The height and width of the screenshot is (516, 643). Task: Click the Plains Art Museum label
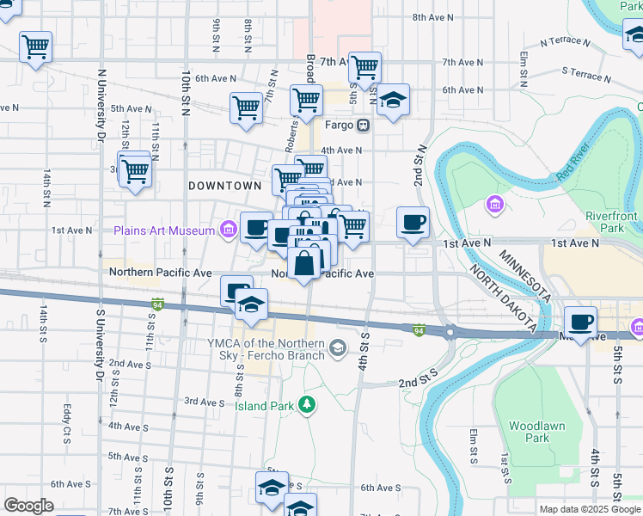164,230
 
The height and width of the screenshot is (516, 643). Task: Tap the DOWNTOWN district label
224,186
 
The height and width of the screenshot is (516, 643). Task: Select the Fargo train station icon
364,126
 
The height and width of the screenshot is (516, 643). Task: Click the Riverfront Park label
611,222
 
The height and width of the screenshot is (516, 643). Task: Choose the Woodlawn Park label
528,432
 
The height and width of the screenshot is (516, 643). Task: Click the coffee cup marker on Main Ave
581,322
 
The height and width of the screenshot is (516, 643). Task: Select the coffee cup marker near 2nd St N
413,222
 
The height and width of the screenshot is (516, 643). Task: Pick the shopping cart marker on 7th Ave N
365,66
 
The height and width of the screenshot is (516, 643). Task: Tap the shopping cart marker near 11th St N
135,170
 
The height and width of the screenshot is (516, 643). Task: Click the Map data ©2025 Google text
590,509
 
